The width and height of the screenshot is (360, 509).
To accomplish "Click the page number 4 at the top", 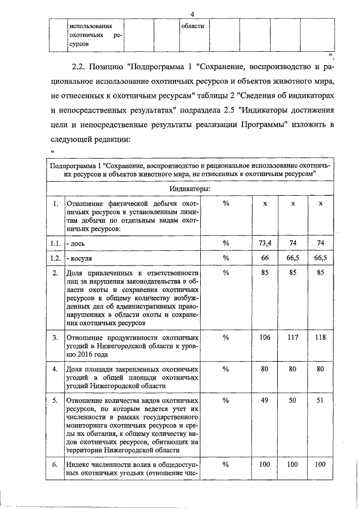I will click(x=192, y=13).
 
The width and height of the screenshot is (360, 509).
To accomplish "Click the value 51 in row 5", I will click(x=320, y=400).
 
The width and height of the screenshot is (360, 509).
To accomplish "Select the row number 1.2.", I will click(x=55, y=258).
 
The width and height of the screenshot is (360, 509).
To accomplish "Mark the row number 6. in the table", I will click(x=55, y=465).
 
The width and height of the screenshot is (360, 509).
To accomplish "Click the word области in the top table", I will click(x=192, y=26).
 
